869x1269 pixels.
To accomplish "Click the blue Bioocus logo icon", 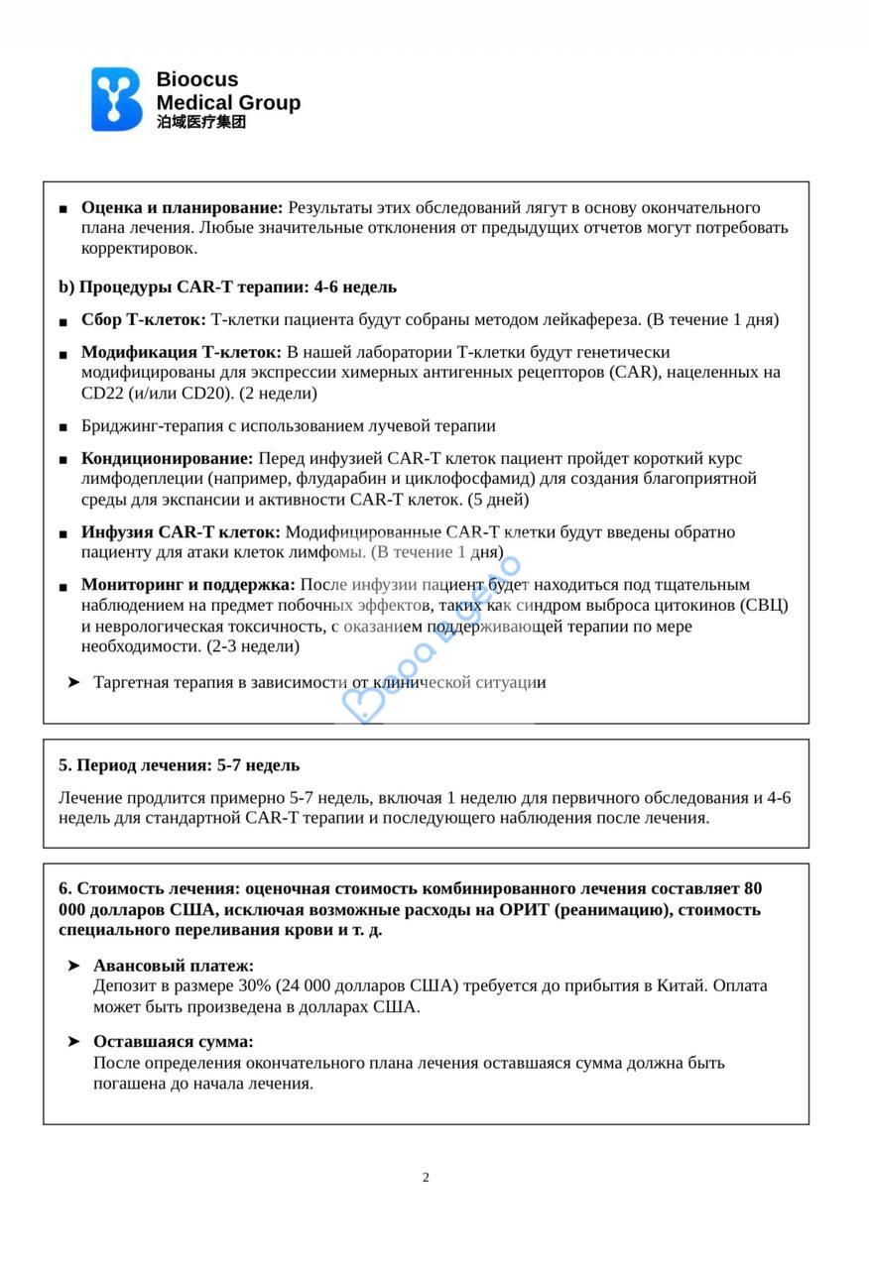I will pos(117,99).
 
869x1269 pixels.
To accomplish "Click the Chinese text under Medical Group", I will pos(200,122).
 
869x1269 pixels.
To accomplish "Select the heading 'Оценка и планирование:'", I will pos(182,207).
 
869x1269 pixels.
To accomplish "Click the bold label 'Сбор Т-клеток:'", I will pos(143,319).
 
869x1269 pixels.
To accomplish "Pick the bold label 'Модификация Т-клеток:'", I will pos(182,352).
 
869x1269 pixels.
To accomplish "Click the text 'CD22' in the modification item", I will pos(101,393).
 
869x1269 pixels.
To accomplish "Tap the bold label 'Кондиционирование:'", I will pos(167,458).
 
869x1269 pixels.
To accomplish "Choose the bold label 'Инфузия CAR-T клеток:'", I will pos(181,531).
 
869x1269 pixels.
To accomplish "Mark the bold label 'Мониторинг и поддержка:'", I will pos(188,584).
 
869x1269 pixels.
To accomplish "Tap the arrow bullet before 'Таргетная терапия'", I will pos(73,682).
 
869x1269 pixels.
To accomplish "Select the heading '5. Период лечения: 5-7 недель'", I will pos(179,765).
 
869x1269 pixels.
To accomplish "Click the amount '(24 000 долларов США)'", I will pos(362,985).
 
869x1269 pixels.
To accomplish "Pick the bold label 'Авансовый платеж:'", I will pos(174,965).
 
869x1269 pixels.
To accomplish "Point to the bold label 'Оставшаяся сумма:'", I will pos(174,1041).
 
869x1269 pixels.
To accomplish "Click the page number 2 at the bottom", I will pos(426,1178).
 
